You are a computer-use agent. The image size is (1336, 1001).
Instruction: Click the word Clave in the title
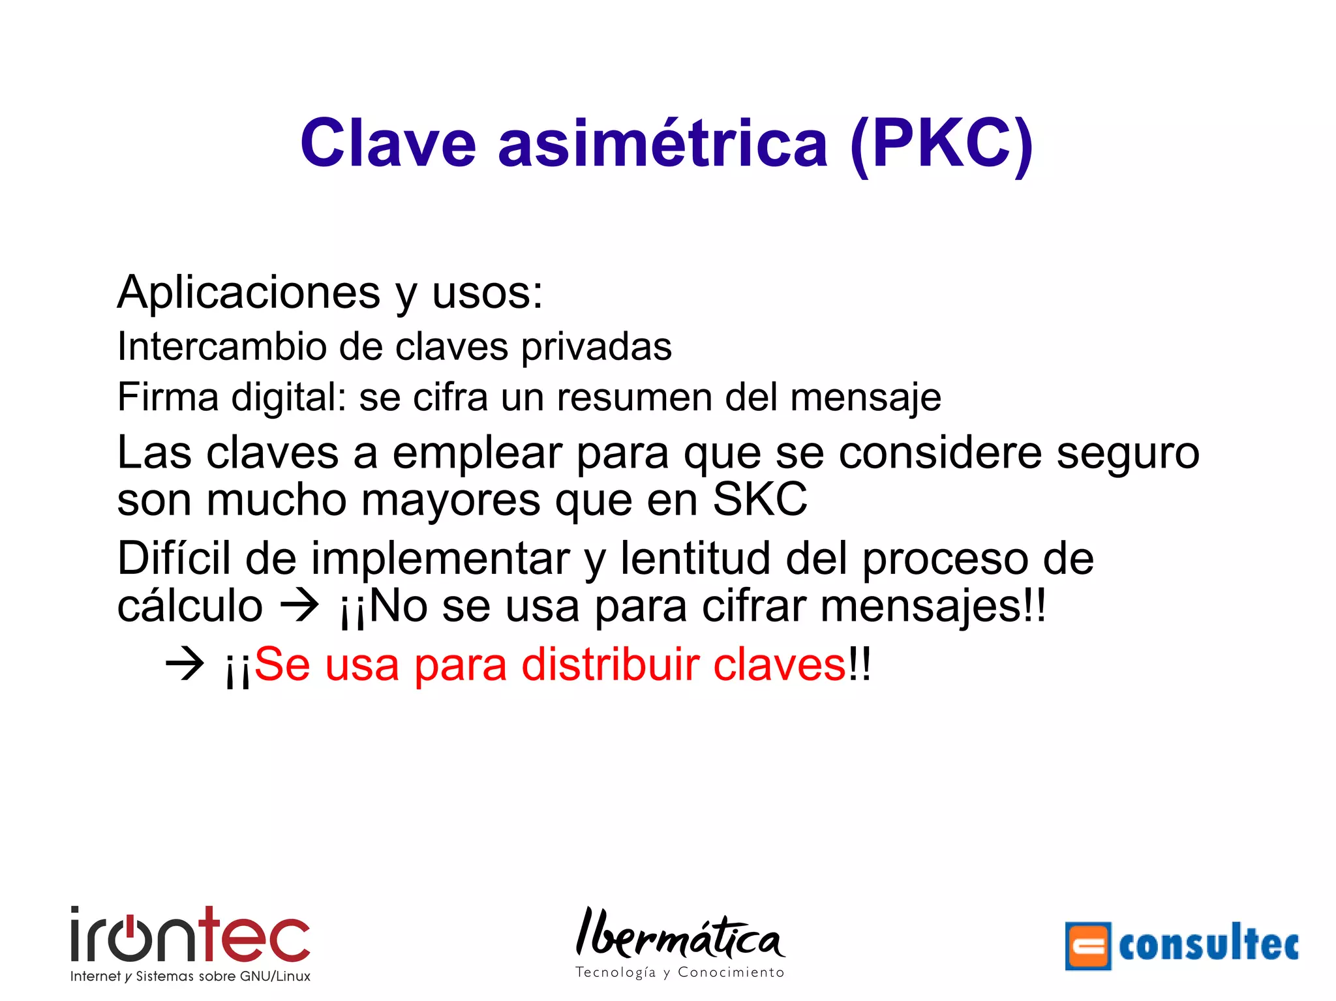point(388,143)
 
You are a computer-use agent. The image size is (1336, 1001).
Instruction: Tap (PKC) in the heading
point(942,145)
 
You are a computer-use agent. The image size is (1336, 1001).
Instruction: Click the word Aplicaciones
point(249,292)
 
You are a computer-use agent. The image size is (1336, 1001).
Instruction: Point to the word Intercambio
point(221,346)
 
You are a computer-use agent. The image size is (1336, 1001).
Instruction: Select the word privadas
point(596,348)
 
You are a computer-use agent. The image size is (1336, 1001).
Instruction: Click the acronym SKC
point(760,500)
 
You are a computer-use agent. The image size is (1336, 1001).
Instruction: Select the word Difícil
point(174,558)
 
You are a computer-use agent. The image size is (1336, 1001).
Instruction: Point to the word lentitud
point(695,558)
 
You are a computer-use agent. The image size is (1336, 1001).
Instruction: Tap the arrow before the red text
point(185,665)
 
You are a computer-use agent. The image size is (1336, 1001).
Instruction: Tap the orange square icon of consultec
point(1087,946)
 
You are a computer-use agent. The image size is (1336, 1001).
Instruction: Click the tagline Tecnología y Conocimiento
point(680,972)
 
